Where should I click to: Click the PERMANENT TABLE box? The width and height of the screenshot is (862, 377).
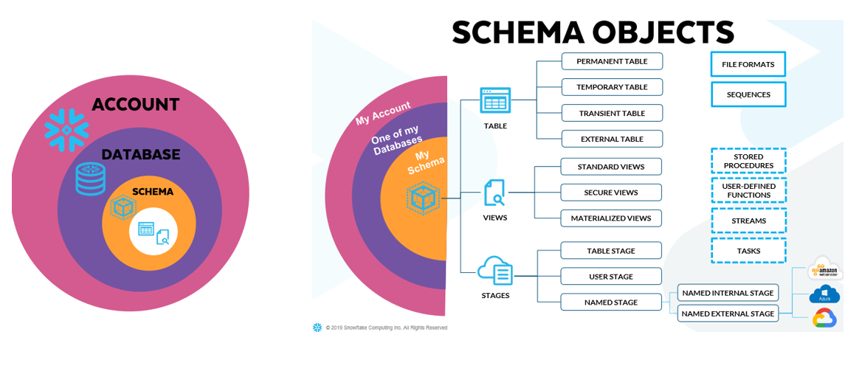[x=612, y=61]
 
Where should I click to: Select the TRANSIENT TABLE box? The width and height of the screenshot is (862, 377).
[x=612, y=113]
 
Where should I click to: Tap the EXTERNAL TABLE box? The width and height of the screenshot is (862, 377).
[x=612, y=139]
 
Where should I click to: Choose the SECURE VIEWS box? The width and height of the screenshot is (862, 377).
[x=610, y=193]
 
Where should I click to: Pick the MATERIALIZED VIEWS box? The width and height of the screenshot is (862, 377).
[x=610, y=218]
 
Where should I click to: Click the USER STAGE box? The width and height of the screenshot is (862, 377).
[x=610, y=277]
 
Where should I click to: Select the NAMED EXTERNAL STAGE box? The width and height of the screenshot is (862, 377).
[x=728, y=314]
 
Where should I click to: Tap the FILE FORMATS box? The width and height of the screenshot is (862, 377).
[x=748, y=64]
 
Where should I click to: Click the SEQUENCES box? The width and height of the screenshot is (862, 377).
[x=748, y=94]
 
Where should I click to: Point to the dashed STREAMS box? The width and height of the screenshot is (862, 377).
[x=748, y=221]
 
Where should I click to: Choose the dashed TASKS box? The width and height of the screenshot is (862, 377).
[x=748, y=251]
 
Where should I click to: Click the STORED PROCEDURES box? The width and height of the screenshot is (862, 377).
[x=748, y=161]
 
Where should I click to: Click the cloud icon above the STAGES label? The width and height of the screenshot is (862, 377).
[x=495, y=270]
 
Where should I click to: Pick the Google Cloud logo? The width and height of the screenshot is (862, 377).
[x=824, y=318]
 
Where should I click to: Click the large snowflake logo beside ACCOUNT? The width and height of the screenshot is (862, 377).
[x=66, y=131]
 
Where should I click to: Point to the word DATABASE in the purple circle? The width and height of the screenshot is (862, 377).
[x=140, y=155]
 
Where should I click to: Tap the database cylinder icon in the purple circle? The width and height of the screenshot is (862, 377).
[x=90, y=179]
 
